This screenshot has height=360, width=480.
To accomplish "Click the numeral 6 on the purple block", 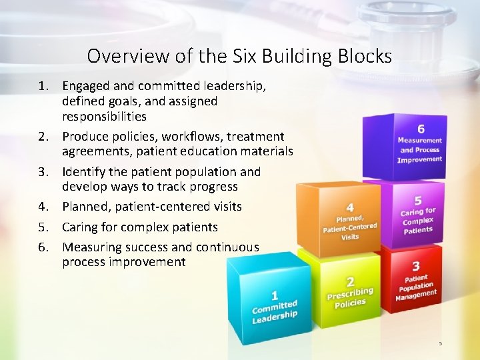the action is click(x=421, y=129).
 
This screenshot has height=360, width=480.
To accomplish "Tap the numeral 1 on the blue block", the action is click(x=274, y=295).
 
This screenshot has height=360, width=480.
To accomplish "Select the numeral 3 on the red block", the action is click(x=415, y=267).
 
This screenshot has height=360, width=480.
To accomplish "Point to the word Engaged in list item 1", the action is click(x=86, y=86).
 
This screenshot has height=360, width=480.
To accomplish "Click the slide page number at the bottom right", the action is click(x=440, y=343).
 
